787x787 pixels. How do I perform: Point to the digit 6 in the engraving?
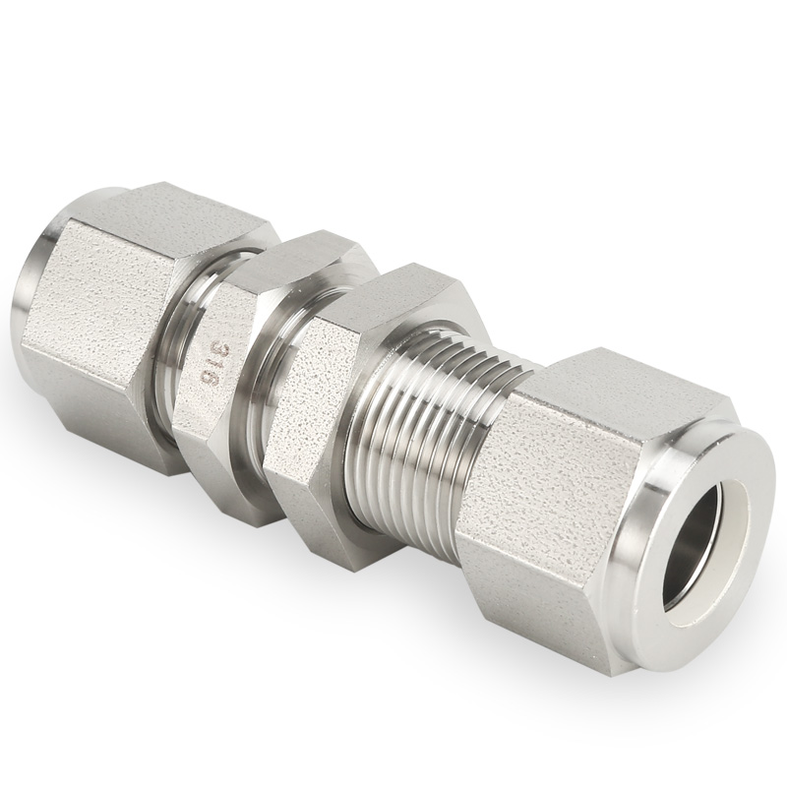[206, 381]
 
